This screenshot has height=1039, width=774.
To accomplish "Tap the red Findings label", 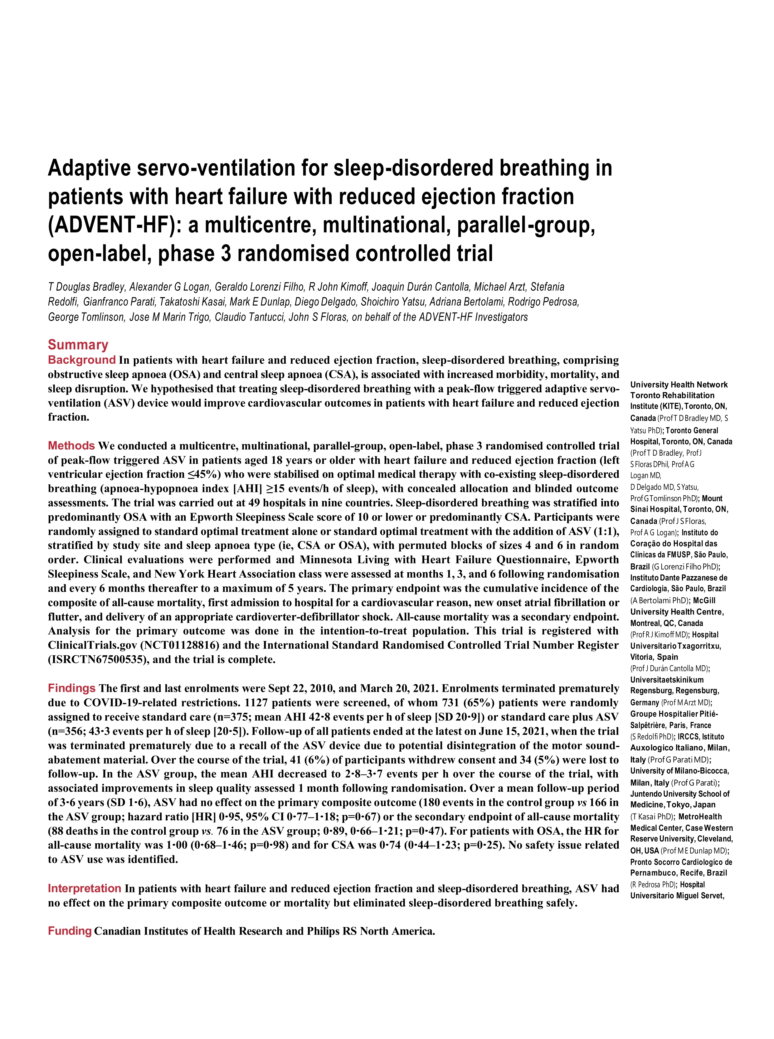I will [72, 688].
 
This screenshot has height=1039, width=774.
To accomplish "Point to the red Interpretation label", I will [84, 888].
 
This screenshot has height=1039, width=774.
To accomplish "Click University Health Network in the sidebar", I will [679, 385].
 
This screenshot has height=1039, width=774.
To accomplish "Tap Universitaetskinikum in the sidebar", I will [666, 680].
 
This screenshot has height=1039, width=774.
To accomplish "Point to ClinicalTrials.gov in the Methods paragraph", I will [92, 645].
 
